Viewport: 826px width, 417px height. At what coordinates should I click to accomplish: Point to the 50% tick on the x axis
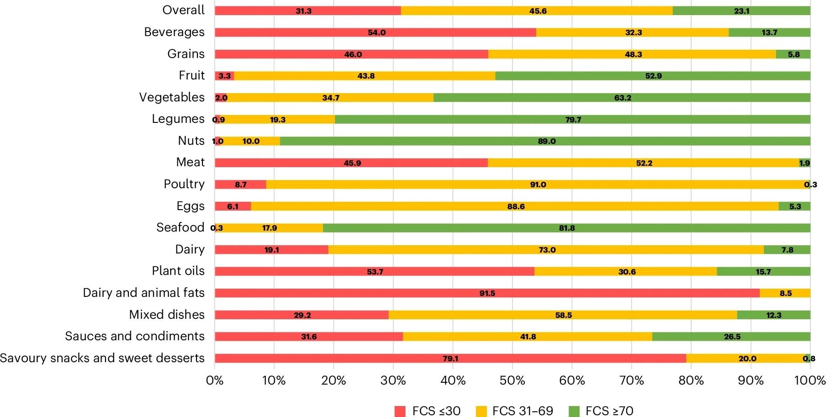pos(512,380)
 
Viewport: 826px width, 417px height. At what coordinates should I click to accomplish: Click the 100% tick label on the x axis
pos(810,380)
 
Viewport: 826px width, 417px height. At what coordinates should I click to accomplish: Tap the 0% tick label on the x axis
pos(215,380)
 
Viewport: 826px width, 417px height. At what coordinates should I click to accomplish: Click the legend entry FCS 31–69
pos(514,411)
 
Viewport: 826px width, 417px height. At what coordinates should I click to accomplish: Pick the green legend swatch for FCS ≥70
pos(574,411)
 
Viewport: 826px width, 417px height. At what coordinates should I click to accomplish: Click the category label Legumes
pos(178,119)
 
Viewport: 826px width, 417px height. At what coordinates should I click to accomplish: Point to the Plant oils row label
pos(178,271)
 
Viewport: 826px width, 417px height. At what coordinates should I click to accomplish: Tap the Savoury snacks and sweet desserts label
pos(102,358)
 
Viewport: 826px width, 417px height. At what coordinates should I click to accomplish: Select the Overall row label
pos(183,10)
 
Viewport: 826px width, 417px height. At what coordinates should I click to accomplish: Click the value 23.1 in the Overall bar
pos(741,11)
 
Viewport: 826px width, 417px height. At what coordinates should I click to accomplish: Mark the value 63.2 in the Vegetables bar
pos(623,98)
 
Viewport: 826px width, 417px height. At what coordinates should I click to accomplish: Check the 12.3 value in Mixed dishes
pos(773,315)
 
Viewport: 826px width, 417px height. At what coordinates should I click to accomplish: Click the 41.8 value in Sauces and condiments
pos(528,337)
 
